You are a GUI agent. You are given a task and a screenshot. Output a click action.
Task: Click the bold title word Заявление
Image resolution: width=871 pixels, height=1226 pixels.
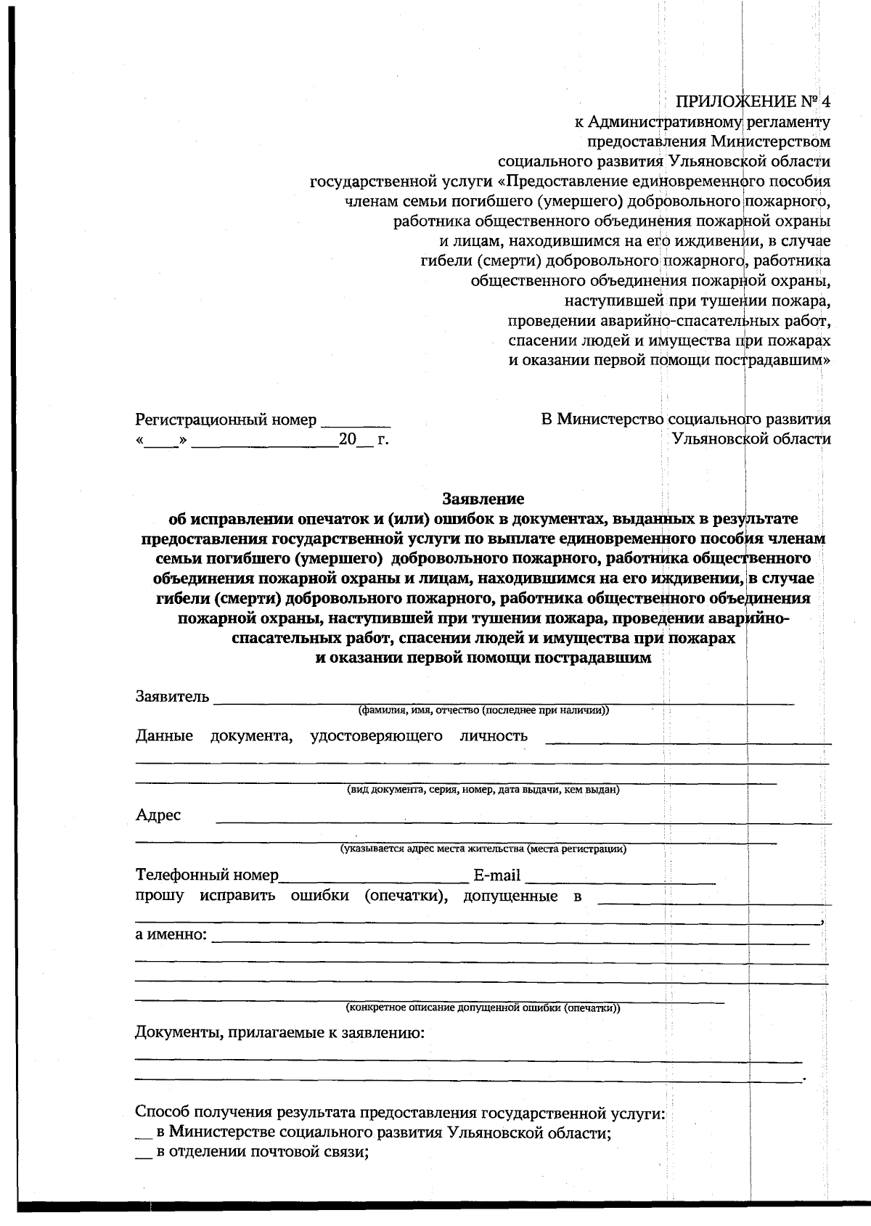483,499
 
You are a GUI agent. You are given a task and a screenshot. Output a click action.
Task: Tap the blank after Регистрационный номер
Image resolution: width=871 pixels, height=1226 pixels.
356,421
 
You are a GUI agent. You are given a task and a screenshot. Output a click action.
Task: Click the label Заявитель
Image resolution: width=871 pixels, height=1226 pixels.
172,697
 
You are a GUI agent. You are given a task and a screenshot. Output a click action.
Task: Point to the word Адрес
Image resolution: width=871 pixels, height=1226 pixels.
158,815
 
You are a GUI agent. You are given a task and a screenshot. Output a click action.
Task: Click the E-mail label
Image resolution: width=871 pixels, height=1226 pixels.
496,875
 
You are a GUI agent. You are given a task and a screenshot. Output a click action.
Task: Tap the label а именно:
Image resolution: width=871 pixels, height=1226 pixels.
171,934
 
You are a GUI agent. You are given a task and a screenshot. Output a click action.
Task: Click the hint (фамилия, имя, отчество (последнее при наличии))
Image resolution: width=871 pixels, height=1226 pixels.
483,711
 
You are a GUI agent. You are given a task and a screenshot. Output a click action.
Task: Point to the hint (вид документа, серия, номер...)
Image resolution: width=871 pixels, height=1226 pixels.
483,790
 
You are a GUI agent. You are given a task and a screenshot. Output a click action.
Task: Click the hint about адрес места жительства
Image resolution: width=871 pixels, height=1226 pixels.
483,849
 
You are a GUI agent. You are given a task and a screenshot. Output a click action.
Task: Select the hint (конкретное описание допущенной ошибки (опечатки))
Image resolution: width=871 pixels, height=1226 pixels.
483,1008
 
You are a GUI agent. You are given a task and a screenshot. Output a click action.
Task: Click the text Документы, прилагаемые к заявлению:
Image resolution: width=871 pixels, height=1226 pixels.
279,1032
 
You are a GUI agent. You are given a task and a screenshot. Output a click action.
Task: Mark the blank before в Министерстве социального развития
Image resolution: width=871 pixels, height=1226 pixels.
143,1134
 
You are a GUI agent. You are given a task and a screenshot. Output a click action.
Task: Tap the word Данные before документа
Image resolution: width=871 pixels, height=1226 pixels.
164,736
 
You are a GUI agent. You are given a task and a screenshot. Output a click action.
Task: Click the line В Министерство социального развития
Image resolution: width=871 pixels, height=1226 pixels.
686,420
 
